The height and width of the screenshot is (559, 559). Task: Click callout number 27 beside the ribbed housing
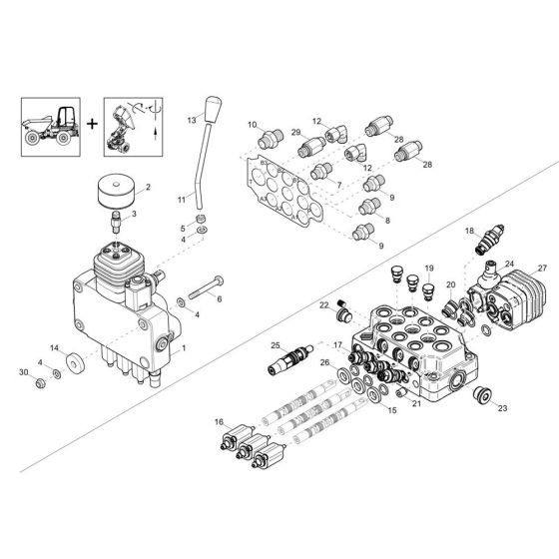pyautogui.click(x=543, y=269)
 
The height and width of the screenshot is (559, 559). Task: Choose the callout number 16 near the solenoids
pyautogui.click(x=219, y=423)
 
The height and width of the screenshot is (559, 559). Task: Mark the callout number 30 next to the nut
pyautogui.click(x=23, y=372)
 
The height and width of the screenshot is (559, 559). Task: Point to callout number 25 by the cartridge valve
pyautogui.click(x=277, y=345)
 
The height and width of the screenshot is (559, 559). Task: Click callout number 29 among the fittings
pyautogui.click(x=295, y=133)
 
